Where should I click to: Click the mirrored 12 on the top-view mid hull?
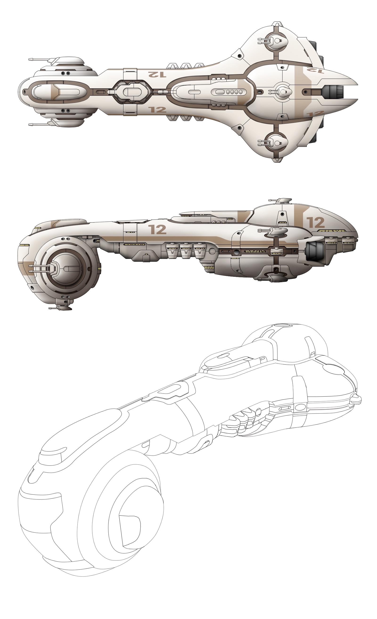click(x=157, y=74)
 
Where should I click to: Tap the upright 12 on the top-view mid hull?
click(x=157, y=109)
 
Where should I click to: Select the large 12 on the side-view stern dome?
click(x=315, y=223)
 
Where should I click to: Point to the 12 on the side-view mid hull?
click(x=157, y=229)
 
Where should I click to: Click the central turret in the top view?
click(x=282, y=92)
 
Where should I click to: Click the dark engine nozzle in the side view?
click(x=314, y=251)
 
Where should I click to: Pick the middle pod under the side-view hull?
click(x=186, y=250)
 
